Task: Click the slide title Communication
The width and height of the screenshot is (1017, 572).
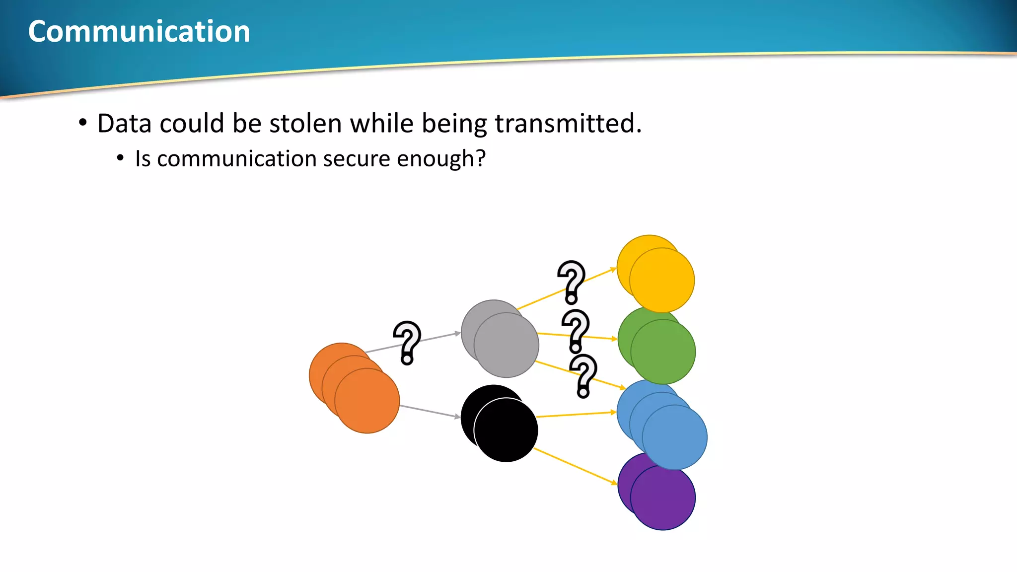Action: point(139,31)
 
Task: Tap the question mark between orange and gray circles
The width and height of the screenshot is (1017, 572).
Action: point(407,343)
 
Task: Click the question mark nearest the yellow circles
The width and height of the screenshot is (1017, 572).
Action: point(572,282)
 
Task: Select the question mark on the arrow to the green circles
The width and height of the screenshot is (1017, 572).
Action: point(576,331)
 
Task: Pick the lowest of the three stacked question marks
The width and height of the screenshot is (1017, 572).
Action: point(583,376)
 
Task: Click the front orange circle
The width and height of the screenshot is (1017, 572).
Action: point(367,401)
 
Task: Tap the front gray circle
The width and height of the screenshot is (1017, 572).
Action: point(507,346)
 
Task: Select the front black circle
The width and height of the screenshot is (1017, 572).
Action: point(506,430)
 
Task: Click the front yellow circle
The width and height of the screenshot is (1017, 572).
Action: point(662,281)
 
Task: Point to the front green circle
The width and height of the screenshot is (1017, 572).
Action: point(663,352)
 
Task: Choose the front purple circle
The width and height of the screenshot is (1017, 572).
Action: point(663,498)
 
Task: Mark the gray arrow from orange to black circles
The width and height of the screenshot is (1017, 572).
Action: point(430,412)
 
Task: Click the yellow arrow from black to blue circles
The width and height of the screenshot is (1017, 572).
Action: point(576,415)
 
